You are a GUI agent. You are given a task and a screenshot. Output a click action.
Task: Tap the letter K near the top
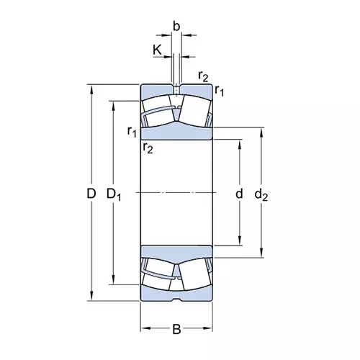[157, 50]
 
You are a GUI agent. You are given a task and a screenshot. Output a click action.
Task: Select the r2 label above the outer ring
[204, 76]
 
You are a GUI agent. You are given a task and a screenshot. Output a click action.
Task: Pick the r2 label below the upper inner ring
[148, 148]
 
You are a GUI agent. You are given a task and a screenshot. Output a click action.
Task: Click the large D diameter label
[91, 193]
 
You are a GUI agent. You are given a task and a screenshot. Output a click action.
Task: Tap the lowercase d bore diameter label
[240, 193]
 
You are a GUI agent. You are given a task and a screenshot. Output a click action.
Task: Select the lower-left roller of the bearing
[158, 272]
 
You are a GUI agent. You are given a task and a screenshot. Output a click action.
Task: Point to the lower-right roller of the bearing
[194, 275]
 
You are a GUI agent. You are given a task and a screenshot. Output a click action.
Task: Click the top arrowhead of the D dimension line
[91, 88]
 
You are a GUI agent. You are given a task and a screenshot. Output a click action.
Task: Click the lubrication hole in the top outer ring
[176, 89]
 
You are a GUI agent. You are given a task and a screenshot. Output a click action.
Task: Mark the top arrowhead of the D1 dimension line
[113, 103]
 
